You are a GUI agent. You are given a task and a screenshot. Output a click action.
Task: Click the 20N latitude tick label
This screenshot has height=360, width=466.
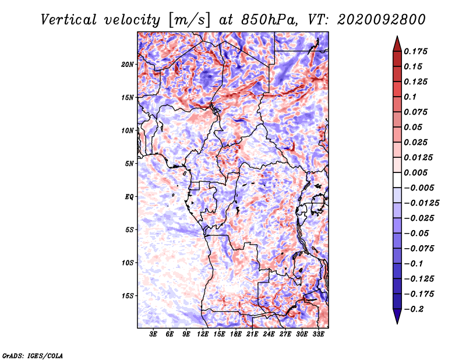tap(128, 65)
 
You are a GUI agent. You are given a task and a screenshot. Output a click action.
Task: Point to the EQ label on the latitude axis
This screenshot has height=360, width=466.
tap(129, 197)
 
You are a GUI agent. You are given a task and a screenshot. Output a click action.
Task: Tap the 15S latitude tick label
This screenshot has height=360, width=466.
tap(128, 296)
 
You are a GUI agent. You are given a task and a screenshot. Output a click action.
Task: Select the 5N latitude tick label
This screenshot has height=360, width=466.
tap(129, 164)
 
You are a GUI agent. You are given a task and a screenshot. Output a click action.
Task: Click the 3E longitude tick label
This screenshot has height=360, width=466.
tap(153, 334)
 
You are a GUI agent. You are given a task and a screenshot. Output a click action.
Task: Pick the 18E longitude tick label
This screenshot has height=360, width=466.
tap(236, 334)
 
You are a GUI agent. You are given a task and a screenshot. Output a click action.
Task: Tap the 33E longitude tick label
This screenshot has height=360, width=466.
tap(318, 334)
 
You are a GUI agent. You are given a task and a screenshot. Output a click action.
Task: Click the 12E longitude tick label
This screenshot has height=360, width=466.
tap(203, 334)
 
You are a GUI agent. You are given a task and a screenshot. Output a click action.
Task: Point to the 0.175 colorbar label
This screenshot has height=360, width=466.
tap(415, 51)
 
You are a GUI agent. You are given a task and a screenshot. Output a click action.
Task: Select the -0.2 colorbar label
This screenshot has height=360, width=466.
tap(414, 309)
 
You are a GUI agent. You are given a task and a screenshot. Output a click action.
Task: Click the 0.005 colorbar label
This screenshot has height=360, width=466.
tap(415, 172)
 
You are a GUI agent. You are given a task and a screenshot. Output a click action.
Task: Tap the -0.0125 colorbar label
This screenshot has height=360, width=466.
tap(421, 203)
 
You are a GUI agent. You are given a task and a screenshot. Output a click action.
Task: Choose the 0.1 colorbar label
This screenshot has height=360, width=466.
tap(410, 97)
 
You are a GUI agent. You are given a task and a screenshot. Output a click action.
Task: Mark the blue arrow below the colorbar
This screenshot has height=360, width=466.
tap(397, 316)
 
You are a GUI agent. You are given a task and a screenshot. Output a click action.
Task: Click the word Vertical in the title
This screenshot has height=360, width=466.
tap(69, 20)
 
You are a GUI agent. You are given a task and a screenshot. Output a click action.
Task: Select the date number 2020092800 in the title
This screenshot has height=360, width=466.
tap(382, 20)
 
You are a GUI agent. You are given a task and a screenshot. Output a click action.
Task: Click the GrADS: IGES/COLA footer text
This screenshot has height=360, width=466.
tap(33, 355)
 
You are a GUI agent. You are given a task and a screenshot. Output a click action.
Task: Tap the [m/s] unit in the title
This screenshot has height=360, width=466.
tap(189, 20)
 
